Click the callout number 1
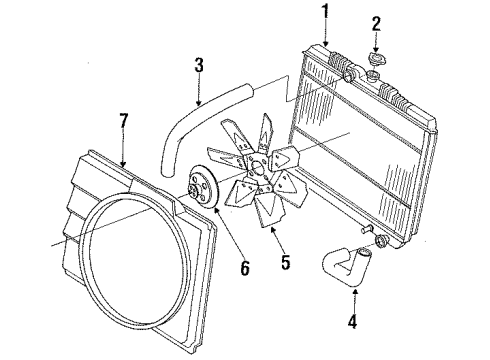324,13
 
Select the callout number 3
199,67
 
